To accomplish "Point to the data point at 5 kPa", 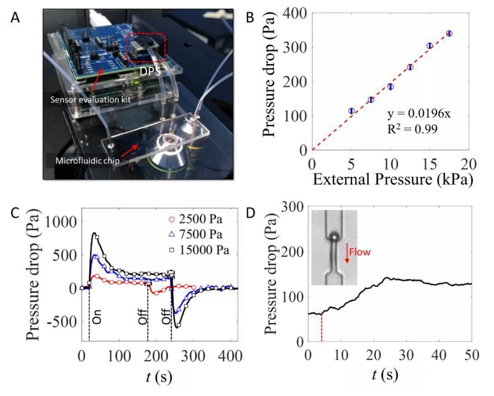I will point(351,111).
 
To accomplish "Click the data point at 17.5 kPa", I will point(449,33).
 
